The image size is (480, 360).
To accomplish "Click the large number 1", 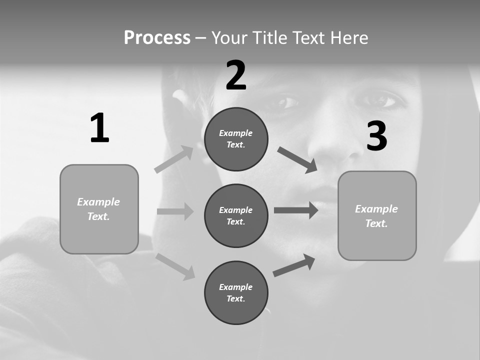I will click(99, 128).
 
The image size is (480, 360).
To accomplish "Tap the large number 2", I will click(236, 75).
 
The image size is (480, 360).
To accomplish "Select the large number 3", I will click(376, 136).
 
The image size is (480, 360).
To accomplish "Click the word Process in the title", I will click(157, 37).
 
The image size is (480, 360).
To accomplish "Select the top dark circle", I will click(236, 139).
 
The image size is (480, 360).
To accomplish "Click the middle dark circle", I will click(236, 215).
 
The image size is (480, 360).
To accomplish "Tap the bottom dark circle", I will click(236, 292).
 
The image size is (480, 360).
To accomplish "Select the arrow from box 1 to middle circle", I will click(175, 211).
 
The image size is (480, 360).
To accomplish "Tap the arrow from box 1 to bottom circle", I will click(175, 266).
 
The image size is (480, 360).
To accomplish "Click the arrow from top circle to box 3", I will click(297, 160).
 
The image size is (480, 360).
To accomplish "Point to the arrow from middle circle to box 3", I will click(296, 210).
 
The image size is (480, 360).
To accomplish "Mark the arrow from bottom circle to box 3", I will click(294, 265).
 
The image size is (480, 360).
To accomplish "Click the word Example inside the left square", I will click(98, 202).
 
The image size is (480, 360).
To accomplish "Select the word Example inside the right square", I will click(376, 209).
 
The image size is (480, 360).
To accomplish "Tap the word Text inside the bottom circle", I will click(235, 299).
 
